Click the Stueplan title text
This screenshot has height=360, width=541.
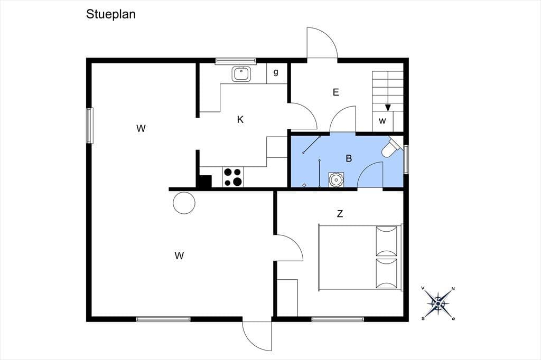111,14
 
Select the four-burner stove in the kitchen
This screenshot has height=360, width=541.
233,177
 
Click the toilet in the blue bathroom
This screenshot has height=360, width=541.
391,148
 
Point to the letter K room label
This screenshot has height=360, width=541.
240,120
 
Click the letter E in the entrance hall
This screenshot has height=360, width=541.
335,92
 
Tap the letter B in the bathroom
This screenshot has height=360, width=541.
349,158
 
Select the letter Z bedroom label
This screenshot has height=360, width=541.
340,214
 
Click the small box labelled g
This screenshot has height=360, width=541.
276,73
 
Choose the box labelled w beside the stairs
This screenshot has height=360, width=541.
383,121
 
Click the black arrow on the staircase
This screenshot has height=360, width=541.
388,108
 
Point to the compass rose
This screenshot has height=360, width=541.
438,304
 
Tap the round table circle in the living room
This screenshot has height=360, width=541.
184,203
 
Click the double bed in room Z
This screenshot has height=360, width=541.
360,258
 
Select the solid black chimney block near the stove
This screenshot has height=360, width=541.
204,182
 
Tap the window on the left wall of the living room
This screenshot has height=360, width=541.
90,126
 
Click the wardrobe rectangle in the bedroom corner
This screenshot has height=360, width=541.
287,298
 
